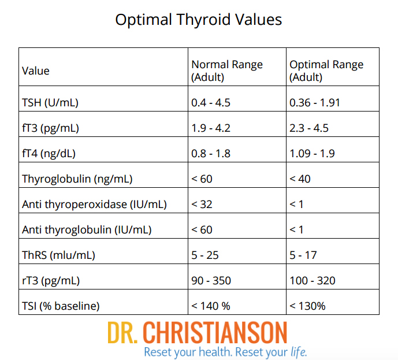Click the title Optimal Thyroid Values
click(199, 19)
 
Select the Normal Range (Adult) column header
click(227, 70)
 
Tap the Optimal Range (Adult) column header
click(326, 70)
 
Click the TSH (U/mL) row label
click(50, 103)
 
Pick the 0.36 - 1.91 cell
click(315, 103)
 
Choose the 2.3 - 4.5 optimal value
click(309, 128)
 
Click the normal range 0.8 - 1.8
click(210, 154)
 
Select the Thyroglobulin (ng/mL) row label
click(77, 179)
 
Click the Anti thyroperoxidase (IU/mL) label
click(94, 204)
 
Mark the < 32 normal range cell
click(202, 204)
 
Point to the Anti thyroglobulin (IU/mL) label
click(87, 229)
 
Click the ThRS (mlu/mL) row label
click(58, 255)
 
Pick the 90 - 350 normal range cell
click(211, 280)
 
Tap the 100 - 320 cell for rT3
click(312, 280)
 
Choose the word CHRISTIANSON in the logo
click(214, 333)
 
